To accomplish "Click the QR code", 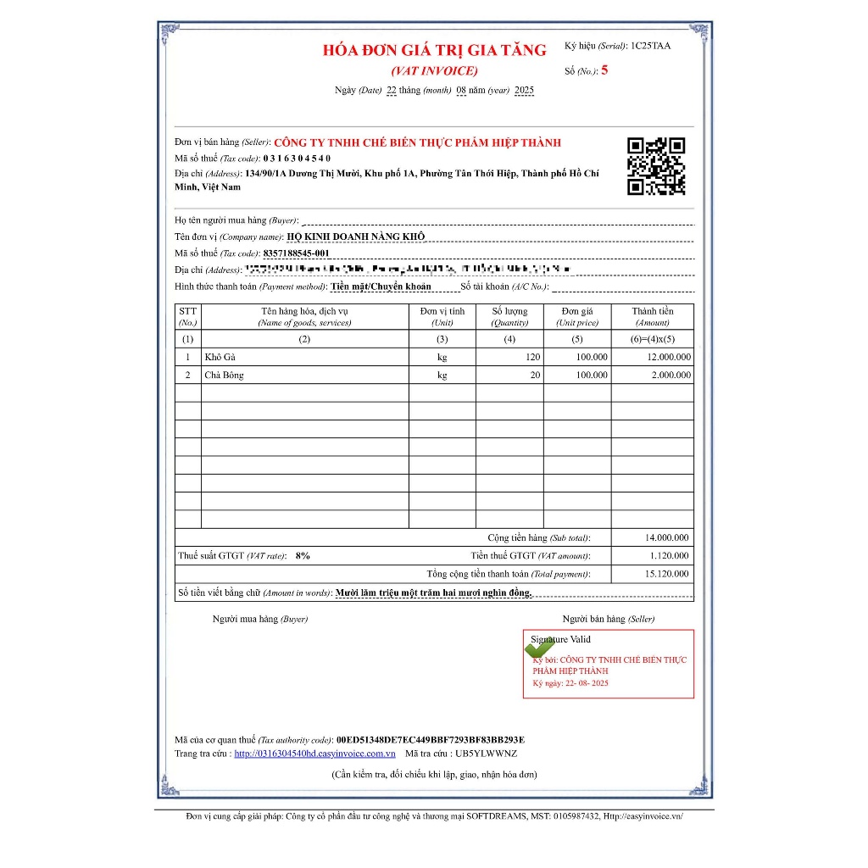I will [x=655, y=166].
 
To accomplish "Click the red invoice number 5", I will [x=604, y=70].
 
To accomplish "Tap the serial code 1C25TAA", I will [x=650, y=46].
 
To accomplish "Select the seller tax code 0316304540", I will [x=297, y=158].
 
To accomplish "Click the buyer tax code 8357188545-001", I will [x=296, y=253].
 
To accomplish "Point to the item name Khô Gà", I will [x=219, y=357].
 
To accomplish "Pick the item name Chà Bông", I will [x=224, y=375].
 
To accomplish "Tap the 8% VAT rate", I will [x=303, y=556].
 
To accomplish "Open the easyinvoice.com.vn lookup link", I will [x=314, y=753].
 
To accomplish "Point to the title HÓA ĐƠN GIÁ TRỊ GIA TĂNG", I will [x=434, y=50].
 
